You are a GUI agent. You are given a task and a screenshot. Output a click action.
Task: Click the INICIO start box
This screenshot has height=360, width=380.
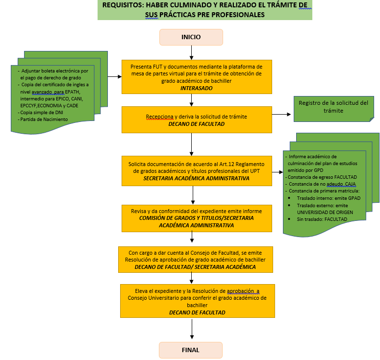click(x=191, y=37)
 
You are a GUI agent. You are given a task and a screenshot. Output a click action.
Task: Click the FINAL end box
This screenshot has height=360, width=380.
click(x=191, y=350)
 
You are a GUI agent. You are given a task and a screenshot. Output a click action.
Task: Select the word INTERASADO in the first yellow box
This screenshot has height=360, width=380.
click(x=196, y=88)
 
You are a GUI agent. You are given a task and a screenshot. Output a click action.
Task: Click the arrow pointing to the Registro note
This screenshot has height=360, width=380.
click(x=282, y=114)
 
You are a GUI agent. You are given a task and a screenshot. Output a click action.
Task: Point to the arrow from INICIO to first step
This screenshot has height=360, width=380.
click(x=191, y=52)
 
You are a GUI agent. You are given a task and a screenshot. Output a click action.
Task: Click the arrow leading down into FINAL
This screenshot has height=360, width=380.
click(x=191, y=331)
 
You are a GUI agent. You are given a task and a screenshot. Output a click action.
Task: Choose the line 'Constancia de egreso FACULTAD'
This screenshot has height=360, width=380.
click(x=322, y=177)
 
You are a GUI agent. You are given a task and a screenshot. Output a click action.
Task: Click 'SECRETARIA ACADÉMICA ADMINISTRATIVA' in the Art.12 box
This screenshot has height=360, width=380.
click(x=196, y=179)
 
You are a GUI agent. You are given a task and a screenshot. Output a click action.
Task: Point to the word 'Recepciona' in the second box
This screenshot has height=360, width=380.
click(x=160, y=117)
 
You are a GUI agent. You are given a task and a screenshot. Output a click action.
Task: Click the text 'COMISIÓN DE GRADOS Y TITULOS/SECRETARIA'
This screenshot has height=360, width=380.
click(x=196, y=218)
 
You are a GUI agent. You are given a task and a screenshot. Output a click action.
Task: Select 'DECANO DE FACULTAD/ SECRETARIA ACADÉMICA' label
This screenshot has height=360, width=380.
click(x=195, y=267)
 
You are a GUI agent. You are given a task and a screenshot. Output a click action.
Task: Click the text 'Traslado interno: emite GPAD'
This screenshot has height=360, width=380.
click(x=329, y=198)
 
